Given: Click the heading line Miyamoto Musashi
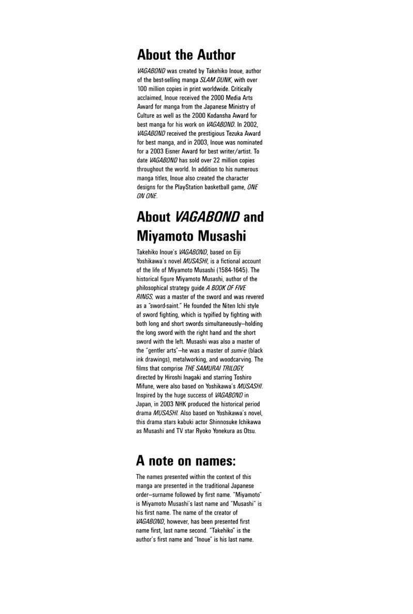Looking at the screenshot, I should point(191,236).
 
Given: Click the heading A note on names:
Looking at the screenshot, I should point(185,460).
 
